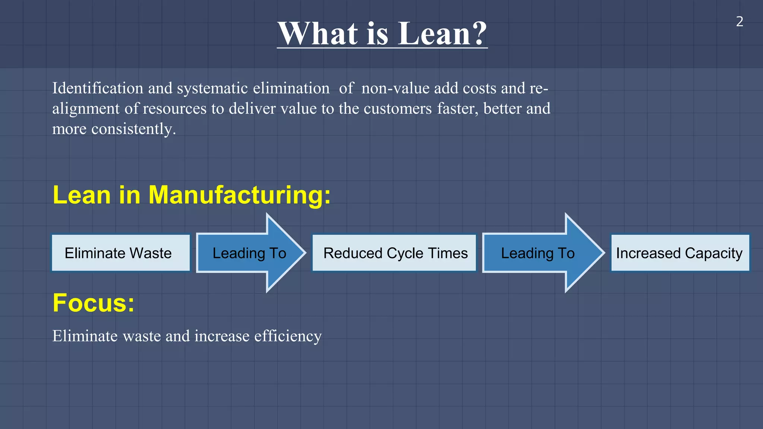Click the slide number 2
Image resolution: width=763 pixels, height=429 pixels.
point(740,22)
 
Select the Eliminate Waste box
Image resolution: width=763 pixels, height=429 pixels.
point(121,253)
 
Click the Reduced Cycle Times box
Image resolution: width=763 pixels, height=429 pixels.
point(394,253)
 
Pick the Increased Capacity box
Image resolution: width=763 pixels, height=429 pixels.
point(680,253)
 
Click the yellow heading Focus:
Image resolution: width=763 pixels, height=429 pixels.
point(94,302)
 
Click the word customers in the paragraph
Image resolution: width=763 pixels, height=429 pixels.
point(398,109)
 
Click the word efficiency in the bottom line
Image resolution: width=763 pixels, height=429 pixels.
point(288,336)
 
